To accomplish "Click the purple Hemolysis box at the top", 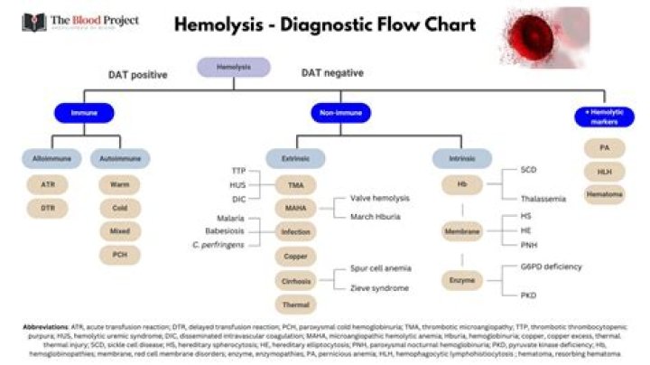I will tap(233, 67).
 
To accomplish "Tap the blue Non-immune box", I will tap(337, 114).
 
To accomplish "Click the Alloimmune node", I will tap(48, 159).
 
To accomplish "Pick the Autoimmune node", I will tap(119, 159).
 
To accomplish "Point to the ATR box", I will tap(48, 184).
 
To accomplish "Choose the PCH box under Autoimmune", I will tap(119, 256).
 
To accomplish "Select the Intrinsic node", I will tap(461, 159).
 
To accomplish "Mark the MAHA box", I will tap(295, 208).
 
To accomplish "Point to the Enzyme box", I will tap(461, 281).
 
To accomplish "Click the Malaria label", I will tap(231, 219).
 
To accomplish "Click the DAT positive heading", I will tap(138, 75).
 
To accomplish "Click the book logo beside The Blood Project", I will tap(33, 22).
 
